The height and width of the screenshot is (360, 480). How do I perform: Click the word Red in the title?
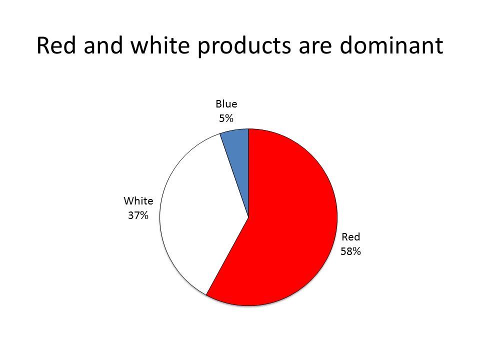click(x=56, y=45)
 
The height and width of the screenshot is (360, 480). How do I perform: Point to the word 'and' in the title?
click(x=103, y=45)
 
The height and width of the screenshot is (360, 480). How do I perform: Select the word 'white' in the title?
click(x=160, y=45)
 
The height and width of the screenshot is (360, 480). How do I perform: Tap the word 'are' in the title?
click(x=315, y=48)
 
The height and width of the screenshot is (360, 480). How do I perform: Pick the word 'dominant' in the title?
click(x=391, y=45)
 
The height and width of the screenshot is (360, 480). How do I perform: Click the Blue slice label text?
click(x=226, y=104)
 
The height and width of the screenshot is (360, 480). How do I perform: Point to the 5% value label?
click(x=226, y=118)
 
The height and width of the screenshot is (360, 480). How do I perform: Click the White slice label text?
click(x=138, y=201)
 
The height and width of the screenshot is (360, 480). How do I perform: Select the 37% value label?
click(x=138, y=215)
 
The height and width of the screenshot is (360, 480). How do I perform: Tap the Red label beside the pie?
click(x=351, y=237)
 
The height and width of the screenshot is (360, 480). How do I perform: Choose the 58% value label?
click(x=351, y=251)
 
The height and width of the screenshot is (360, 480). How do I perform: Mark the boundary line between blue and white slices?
click(x=234, y=175)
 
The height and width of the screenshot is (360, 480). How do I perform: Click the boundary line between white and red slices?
click(x=227, y=256)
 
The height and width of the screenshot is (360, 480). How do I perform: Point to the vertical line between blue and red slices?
click(x=248, y=173)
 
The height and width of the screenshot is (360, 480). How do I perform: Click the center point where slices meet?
click(x=248, y=217)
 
